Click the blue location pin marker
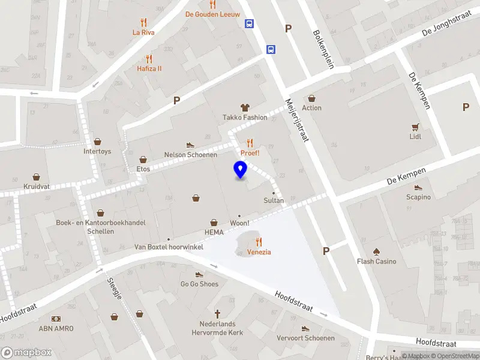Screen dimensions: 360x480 click(x=241, y=170)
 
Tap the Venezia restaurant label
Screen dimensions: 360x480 click(x=259, y=252)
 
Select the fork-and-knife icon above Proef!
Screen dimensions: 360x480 click(x=250, y=142)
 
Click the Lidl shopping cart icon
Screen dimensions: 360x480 click(x=415, y=127)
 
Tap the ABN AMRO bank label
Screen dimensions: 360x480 click(x=56, y=328)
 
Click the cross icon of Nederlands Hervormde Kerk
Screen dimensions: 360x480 click(x=217, y=314)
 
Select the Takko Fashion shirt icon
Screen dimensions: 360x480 click(x=245, y=107)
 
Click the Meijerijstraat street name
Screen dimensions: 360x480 click(x=297, y=120)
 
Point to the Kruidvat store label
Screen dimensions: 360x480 click(x=37, y=187)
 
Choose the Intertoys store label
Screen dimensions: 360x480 click(x=97, y=151)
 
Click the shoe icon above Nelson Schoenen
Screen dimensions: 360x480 click(x=190, y=145)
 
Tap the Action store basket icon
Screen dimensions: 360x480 click(x=311, y=98)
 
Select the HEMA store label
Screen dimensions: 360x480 click(x=214, y=232)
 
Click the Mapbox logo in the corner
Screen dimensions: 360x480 click(x=26, y=353)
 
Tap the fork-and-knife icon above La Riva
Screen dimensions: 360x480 click(x=143, y=22)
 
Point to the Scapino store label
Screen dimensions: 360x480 click(x=418, y=197)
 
